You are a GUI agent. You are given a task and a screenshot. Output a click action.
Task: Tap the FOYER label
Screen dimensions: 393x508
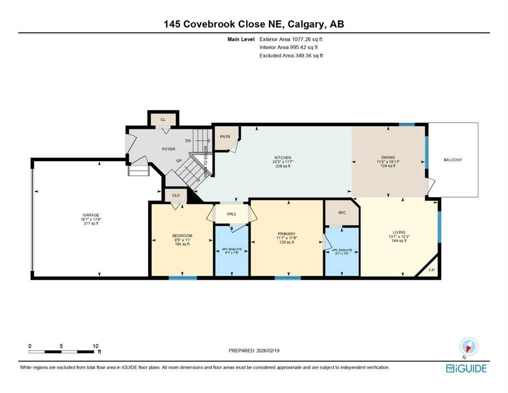click(168, 149)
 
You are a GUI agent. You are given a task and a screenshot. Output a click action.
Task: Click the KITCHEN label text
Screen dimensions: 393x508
click(282, 158)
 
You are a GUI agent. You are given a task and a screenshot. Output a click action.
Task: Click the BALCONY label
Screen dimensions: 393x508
click(453, 160)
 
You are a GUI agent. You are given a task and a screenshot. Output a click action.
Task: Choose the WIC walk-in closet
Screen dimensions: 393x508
click(342, 212)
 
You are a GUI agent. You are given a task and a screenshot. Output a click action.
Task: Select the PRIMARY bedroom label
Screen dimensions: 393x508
click(287, 234)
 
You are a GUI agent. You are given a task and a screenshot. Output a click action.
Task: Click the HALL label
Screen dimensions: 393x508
click(232, 213)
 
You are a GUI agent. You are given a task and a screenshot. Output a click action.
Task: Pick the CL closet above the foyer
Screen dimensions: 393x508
click(163, 119)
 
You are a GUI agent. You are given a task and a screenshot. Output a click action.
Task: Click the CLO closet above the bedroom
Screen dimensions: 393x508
click(175, 195)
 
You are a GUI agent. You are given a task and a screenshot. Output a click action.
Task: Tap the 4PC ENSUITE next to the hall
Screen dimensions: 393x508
click(231, 251)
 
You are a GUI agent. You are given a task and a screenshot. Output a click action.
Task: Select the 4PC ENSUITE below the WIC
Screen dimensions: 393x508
click(342, 250)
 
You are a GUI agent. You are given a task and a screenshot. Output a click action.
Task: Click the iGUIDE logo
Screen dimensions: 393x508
click(466, 368)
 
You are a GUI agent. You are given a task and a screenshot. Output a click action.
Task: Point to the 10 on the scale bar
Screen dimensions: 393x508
click(96, 346)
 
